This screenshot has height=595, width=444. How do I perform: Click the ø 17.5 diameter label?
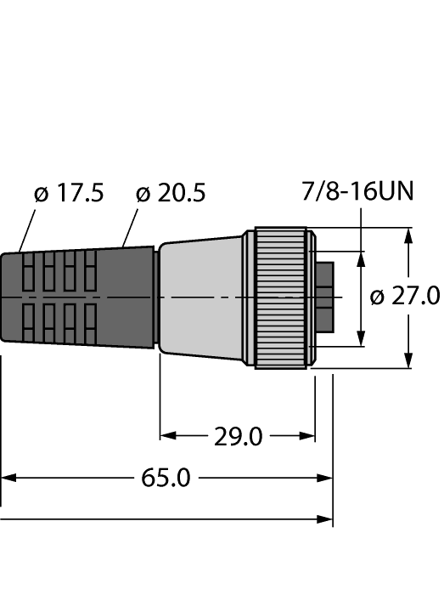pyautogui.click(x=69, y=194)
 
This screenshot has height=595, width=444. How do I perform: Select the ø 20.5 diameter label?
pyautogui.click(x=171, y=194)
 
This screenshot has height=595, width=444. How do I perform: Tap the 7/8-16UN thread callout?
pyautogui.click(x=358, y=192)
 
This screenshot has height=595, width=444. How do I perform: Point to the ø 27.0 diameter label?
pyautogui.click(x=406, y=297)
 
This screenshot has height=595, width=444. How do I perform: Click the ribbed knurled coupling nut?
pyautogui.click(x=281, y=297)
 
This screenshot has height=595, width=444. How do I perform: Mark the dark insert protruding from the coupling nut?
pyautogui.click(x=323, y=297)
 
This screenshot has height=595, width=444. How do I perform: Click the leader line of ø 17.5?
pyautogui.click(x=27, y=229)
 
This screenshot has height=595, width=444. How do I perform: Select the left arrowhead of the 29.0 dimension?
pyautogui.click(x=167, y=436)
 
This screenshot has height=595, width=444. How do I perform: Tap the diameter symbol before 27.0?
pyautogui.click(x=379, y=297)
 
